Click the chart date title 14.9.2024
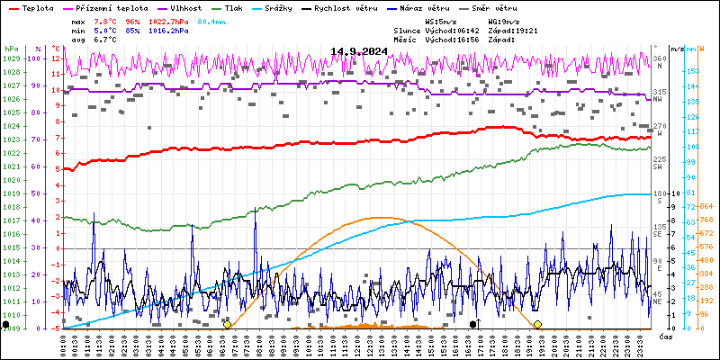359,51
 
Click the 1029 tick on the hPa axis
11,58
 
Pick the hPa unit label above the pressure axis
11,48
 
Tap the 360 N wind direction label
659,61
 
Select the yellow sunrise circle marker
227,324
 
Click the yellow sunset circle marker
537,324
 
